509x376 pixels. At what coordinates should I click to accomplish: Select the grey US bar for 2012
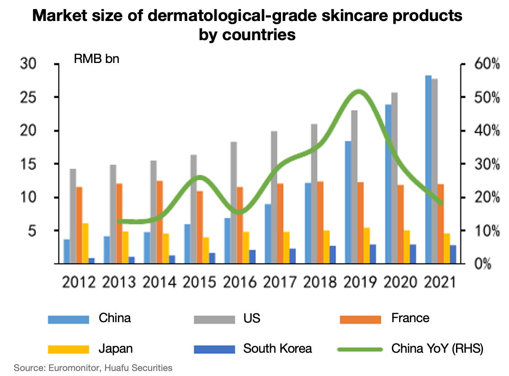pyautogui.click(x=73, y=216)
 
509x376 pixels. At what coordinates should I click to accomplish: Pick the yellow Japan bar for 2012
pyautogui.click(x=85, y=244)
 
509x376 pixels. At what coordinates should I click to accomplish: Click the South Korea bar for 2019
pyautogui.click(x=373, y=254)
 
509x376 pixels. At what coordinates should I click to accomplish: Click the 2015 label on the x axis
pyautogui.click(x=199, y=282)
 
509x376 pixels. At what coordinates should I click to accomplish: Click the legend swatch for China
pyautogui.click(x=68, y=319)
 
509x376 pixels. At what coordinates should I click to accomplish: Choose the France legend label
pyautogui.click(x=410, y=318)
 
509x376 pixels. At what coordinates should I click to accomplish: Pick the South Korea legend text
pyautogui.click(x=277, y=349)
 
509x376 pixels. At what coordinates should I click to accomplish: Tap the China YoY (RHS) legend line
pyautogui.click(x=360, y=350)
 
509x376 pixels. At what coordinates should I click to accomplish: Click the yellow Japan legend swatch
pyautogui.click(x=68, y=350)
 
